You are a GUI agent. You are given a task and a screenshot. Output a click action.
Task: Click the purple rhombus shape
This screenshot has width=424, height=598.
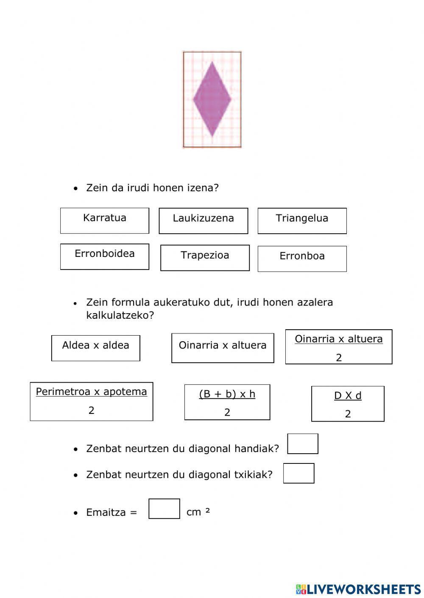pos(212,99)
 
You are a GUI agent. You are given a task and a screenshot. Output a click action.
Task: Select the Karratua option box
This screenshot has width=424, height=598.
pos(104,220)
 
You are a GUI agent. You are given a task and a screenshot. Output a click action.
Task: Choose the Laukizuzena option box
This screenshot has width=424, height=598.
pos(203,220)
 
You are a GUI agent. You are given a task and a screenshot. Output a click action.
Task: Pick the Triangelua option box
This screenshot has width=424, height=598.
pos(302,220)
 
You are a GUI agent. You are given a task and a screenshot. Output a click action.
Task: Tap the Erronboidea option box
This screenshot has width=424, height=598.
pos(104,256)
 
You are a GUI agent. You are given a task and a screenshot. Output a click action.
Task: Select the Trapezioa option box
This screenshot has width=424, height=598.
pos(205,258)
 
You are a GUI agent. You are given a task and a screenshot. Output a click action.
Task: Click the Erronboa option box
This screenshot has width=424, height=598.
pos(302,259)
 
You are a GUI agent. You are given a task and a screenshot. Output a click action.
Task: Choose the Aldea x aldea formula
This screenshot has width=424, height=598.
pos(95,348)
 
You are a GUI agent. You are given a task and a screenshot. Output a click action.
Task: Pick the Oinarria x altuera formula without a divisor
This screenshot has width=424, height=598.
pos(223,348)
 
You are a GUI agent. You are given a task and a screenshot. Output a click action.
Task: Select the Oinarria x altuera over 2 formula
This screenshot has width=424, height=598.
pos(338,347)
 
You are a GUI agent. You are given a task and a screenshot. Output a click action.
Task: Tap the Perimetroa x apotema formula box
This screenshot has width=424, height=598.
pos(91,401)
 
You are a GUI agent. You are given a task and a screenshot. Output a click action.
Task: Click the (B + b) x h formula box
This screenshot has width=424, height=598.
pos(227,402)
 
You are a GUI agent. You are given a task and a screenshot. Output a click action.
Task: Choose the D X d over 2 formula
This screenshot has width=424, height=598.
pos(348,404)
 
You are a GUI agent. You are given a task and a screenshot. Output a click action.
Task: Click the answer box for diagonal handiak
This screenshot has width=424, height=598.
pos(303,444)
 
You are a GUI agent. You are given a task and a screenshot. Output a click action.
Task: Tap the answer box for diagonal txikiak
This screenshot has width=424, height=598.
pos(298,473)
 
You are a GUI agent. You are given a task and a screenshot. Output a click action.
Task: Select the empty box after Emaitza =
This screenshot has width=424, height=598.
pos(164,509)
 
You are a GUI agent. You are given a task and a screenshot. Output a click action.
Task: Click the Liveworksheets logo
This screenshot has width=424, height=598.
pos(358,589)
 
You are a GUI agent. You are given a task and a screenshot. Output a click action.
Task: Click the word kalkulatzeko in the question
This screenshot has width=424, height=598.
pos(120,315)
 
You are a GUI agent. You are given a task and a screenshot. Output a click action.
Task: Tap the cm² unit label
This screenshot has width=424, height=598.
pos(198,512)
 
